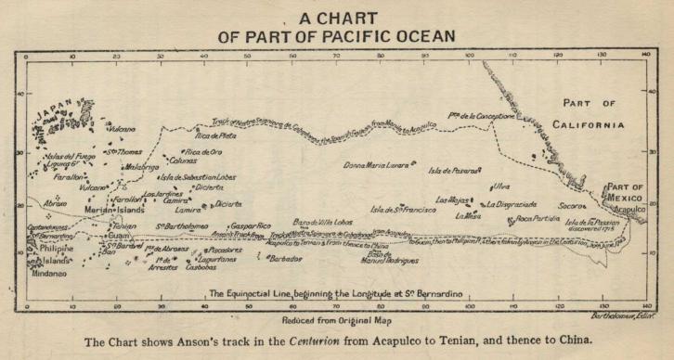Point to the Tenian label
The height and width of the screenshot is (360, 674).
click(125, 225)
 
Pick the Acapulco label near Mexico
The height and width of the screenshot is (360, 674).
click(629, 211)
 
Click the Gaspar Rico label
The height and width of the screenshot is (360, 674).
click(250, 225)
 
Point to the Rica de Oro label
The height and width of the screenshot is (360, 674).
click(203, 151)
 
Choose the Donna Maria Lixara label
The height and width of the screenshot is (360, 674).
click(377, 165)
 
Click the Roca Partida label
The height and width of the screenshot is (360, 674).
click(538, 219)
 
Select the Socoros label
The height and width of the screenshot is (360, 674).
click(573, 204)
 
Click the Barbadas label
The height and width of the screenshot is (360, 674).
click(287, 259)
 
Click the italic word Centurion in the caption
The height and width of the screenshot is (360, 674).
click(297, 341)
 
